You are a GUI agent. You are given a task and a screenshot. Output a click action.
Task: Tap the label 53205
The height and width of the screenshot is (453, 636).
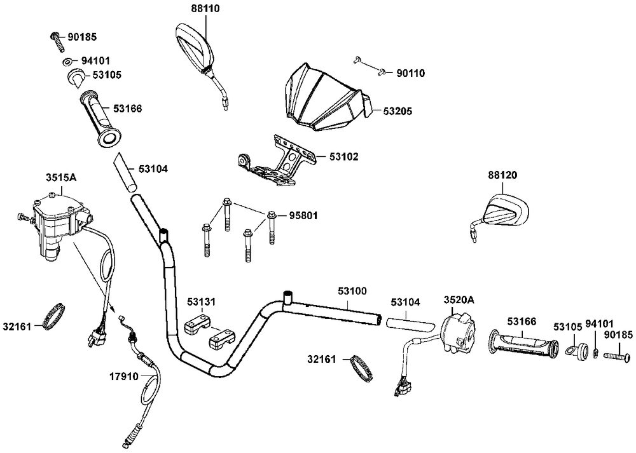point(397,111)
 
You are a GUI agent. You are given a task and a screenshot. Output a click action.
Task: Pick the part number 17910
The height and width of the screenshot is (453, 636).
point(123,375)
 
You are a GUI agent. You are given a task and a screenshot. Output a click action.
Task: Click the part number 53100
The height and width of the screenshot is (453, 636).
point(352,290)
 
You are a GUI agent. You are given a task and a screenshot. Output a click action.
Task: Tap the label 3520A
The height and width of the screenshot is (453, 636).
point(459,299)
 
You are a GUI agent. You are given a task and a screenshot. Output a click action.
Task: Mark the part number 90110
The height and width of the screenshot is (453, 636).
point(410,74)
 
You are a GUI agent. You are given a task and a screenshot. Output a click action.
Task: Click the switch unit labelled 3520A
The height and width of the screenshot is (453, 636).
point(458,328)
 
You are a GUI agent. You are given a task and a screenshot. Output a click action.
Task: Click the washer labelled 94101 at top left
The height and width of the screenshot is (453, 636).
point(67,62)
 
